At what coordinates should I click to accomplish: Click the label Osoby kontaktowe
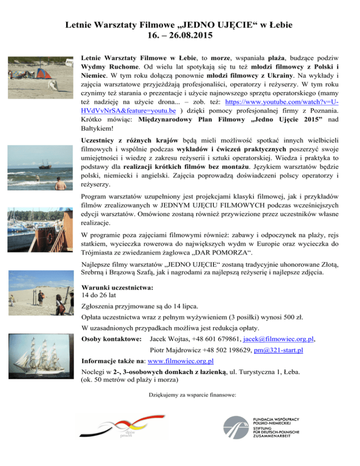pyautogui.click(x=111, y=338)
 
